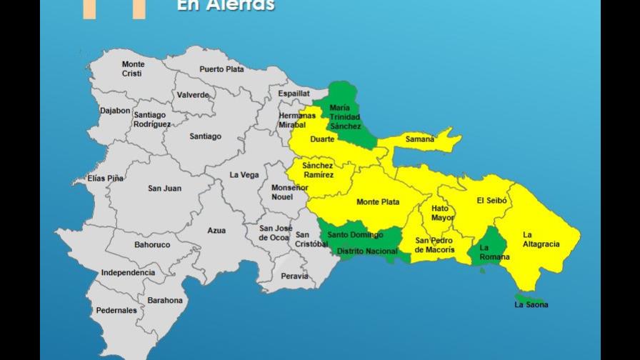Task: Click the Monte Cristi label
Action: click(x=133, y=69)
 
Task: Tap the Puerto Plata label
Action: click(x=221, y=69)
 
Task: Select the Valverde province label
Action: click(x=193, y=95)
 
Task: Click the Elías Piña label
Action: click(x=105, y=178)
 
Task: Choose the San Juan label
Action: click(x=164, y=189)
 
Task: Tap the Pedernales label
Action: click(x=116, y=311)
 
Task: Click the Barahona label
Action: click(x=165, y=301)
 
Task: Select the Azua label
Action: click(x=216, y=231)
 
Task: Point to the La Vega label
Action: click(x=244, y=175)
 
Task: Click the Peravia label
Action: click(x=294, y=276)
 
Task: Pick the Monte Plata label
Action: click(x=378, y=202)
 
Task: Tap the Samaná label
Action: click(x=419, y=139)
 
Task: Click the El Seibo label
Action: click(x=491, y=201)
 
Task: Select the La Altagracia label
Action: click(x=541, y=239)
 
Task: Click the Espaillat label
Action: click(x=294, y=94)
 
